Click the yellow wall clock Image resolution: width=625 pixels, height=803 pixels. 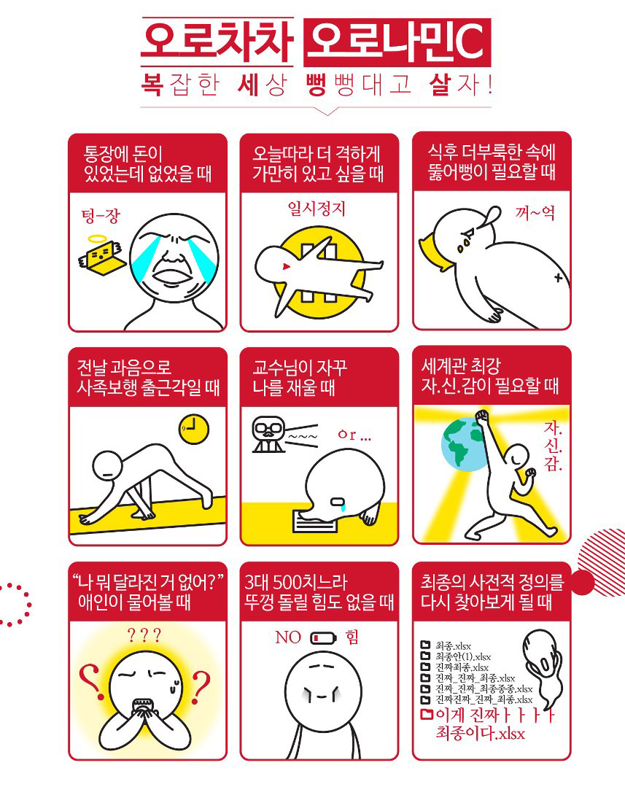194,429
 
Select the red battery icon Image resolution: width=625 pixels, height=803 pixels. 324,638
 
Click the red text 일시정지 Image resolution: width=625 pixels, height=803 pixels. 317,209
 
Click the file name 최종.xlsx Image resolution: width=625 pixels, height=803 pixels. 453,645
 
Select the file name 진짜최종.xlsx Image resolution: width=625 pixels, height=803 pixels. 462,667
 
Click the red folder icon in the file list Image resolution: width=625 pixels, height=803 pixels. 427,714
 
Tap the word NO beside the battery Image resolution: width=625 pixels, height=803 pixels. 287,637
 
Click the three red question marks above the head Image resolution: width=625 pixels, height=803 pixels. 144,635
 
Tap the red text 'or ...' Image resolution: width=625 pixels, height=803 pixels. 354,435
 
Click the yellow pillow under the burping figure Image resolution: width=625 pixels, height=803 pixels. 434,252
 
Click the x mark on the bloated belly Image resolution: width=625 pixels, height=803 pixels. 558,278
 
